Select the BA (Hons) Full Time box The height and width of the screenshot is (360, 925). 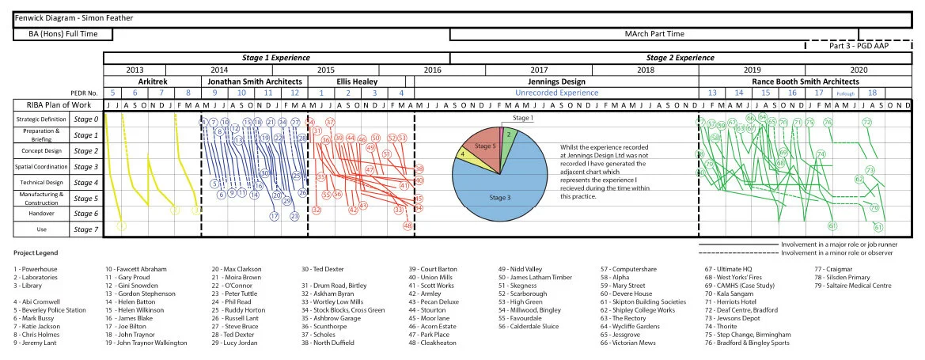click(63, 34)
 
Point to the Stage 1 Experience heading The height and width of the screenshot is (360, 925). click(275, 58)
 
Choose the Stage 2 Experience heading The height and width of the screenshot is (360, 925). click(680, 58)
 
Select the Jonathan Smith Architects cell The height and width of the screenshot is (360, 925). click(255, 81)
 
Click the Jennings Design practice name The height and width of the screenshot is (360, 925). click(556, 81)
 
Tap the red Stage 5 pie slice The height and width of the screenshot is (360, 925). click(483, 148)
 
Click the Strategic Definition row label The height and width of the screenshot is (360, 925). click(37, 119)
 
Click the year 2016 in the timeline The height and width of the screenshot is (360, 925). click(432, 70)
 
